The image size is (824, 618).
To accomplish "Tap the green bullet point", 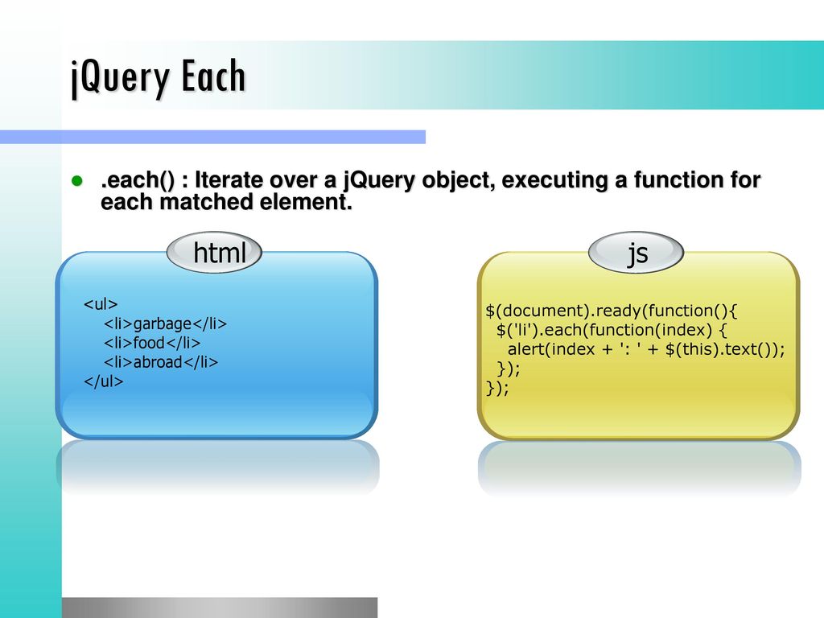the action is point(77,181).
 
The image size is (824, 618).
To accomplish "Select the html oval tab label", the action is point(214,253).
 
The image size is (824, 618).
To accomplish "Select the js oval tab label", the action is point(636,253).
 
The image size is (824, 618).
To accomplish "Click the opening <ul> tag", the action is point(101,304).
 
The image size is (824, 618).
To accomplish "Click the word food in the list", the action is point(149,343).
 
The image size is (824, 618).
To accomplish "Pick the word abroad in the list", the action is point(158,362).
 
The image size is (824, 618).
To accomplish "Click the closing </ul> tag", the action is point(104,381).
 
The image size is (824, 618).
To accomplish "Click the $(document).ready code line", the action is point(612,311).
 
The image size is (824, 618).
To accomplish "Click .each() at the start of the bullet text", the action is point(138,180).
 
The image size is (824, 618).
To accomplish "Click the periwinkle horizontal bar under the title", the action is point(212,137).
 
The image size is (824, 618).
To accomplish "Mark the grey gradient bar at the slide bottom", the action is point(220,608).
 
